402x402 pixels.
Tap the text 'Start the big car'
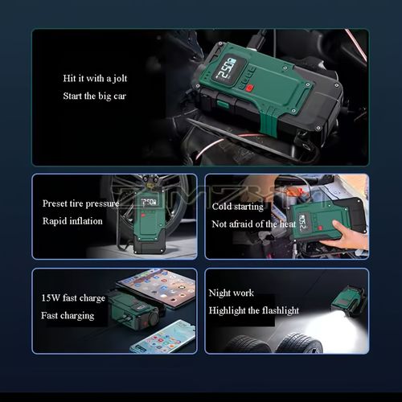point(94,96)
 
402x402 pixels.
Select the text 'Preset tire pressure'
point(80,203)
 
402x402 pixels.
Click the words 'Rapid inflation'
point(73,221)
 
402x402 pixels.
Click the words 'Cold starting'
point(237,207)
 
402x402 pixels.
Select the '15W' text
point(51,298)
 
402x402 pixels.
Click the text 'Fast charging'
point(68,316)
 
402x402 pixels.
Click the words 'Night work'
point(232,293)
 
